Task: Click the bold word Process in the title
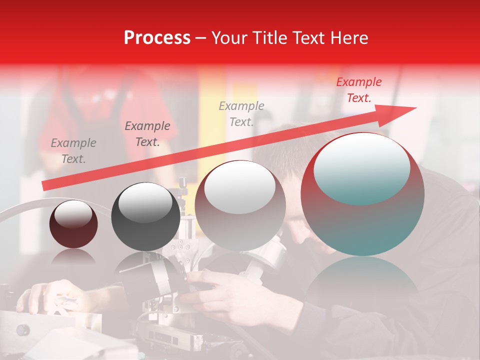click(157, 38)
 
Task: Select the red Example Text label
click(358, 90)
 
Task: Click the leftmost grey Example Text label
click(73, 150)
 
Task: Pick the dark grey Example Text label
click(147, 133)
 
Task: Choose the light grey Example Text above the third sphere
click(241, 113)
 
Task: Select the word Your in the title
click(229, 38)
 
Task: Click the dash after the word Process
click(201, 38)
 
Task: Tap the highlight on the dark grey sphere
click(145, 202)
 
